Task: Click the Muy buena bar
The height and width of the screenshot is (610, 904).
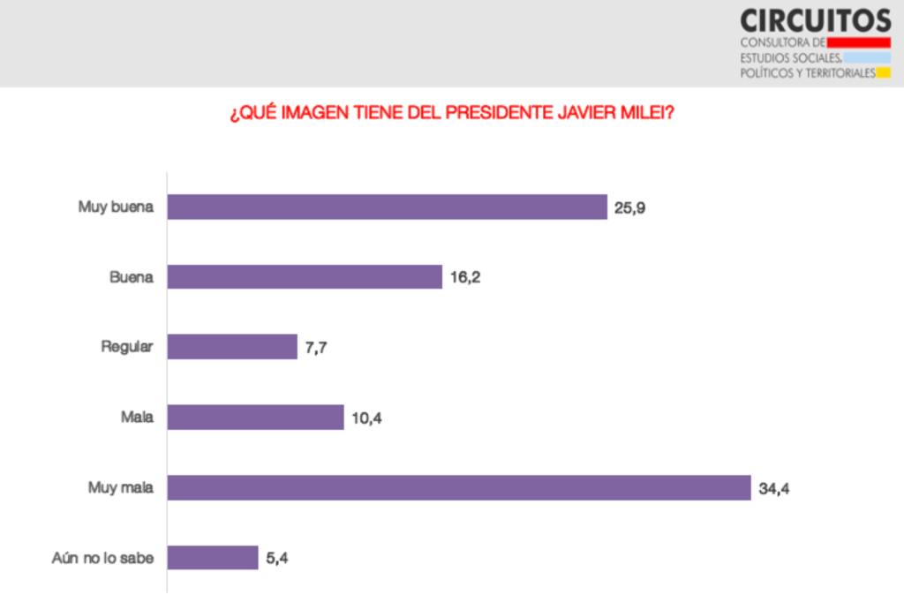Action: click(387, 207)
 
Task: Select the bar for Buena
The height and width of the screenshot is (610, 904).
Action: click(305, 276)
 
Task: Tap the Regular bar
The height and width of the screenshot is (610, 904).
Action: click(232, 347)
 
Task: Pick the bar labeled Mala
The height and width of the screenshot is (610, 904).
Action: click(255, 417)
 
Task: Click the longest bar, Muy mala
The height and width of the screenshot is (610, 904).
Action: click(459, 487)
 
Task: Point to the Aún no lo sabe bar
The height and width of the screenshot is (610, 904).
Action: click(213, 557)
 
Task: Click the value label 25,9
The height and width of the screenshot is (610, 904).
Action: click(632, 207)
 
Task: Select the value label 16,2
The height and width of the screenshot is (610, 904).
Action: click(466, 277)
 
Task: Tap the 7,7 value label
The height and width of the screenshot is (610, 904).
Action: click(317, 347)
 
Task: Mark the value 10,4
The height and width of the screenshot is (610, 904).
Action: click(367, 418)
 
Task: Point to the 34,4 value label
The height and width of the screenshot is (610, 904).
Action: click(774, 487)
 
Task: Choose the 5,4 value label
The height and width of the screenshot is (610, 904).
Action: click(278, 558)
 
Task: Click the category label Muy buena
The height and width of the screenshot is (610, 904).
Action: click(116, 207)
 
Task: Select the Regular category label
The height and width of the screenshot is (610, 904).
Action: click(127, 347)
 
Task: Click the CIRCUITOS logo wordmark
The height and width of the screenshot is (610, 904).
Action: click(815, 19)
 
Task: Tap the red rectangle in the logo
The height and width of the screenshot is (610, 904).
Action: click(859, 41)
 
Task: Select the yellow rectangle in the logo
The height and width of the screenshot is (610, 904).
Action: click(883, 73)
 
